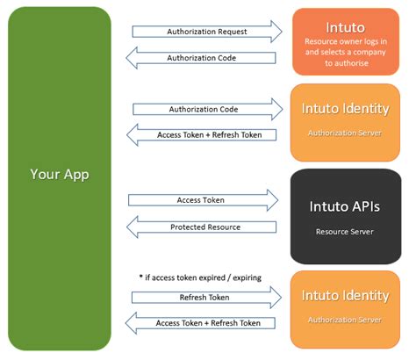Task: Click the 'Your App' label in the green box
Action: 60,174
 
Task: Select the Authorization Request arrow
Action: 206,32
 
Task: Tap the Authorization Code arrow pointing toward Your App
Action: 206,58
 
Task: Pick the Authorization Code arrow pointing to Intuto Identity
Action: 206,109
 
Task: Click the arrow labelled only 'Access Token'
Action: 206,200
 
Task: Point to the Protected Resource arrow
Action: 206,227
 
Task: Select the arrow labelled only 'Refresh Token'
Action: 206,298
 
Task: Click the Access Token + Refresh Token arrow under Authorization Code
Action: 206,135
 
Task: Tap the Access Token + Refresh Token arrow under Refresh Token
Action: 206,323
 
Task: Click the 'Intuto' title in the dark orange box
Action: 345,26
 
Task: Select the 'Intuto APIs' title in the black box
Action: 345,207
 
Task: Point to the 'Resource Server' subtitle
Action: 345,233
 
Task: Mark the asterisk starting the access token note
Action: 140,276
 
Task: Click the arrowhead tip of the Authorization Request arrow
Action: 281,32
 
